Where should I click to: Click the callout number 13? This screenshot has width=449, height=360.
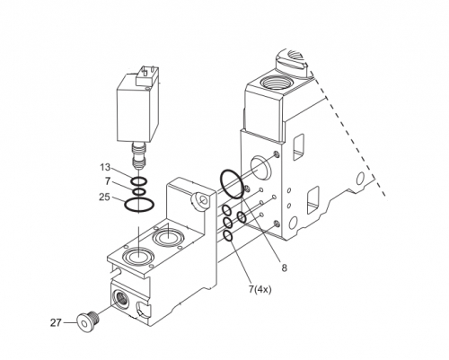tap(105, 167)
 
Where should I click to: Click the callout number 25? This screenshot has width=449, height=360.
tap(104, 198)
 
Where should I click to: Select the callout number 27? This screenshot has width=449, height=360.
tap(56, 323)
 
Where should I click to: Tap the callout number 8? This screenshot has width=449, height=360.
tap(284, 268)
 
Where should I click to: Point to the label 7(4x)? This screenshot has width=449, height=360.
tap(260, 289)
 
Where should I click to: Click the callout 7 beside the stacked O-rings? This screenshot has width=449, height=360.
tap(108, 180)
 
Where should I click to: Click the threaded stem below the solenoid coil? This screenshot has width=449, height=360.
tap(138, 155)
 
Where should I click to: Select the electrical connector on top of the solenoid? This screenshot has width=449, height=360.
tap(145, 75)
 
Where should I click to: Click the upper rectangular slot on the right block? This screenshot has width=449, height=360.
tap(298, 146)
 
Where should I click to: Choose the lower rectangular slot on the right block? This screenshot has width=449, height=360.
tap(313, 200)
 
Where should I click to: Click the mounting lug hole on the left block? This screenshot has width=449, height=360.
tap(204, 199)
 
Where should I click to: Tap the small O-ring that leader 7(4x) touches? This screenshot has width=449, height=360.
tap(228, 236)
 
